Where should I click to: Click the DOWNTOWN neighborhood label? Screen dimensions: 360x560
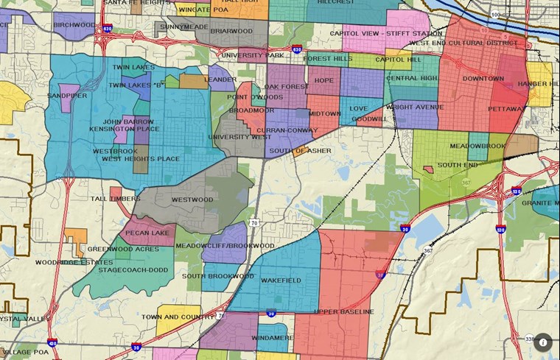[483, 79]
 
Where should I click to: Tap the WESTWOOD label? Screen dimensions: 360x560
[192, 200]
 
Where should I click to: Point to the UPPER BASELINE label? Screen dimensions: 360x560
[343, 312]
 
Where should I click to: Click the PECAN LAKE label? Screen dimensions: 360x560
[147, 233]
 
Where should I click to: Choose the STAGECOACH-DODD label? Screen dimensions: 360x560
[139, 270]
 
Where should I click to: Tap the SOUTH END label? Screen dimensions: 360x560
[458, 166]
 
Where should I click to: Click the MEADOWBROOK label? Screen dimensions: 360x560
[477, 146]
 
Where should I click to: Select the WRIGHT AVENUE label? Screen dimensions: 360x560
[415, 107]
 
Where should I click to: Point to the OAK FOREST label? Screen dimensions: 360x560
[287, 86]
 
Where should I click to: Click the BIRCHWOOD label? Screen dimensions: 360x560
[74, 25]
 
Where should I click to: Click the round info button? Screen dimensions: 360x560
[543, 342]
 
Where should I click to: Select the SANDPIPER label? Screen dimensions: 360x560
[67, 96]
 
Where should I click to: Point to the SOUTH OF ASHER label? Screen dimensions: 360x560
[300, 151]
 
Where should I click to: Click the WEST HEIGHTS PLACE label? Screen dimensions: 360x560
[140, 158]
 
